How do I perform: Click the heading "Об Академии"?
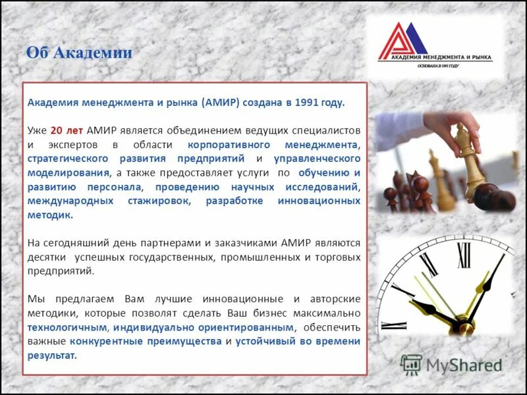(79, 53)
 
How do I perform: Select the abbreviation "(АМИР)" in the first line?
(221, 103)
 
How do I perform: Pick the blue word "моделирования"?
(68, 172)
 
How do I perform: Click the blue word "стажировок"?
(159, 201)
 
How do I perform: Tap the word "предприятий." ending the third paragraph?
(61, 271)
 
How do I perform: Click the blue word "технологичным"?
(67, 327)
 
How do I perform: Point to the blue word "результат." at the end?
(52, 355)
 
